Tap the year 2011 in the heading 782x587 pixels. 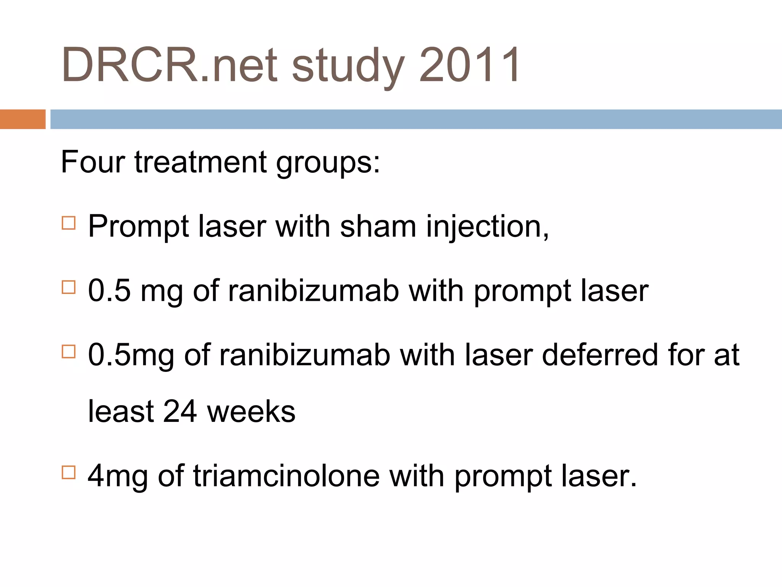click(x=470, y=65)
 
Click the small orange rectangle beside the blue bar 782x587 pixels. click(x=23, y=119)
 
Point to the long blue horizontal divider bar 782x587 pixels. click(x=416, y=119)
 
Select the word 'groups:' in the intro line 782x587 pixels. click(x=328, y=164)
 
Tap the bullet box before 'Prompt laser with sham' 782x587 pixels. click(x=68, y=223)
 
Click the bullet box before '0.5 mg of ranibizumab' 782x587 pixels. click(x=68, y=287)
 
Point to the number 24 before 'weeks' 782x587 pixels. click(x=180, y=412)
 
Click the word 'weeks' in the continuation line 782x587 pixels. click(x=251, y=412)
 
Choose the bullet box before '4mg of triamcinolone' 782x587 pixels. click(x=68, y=472)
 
